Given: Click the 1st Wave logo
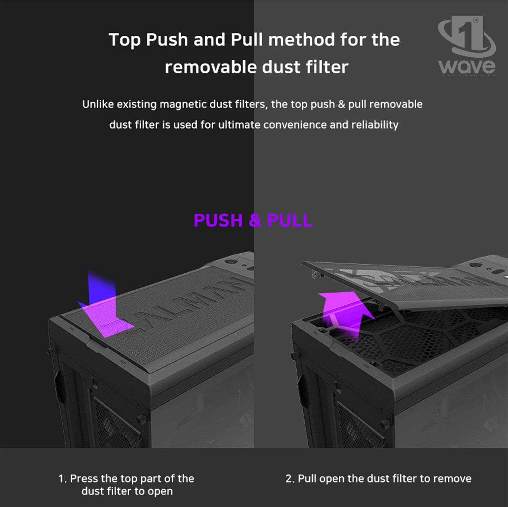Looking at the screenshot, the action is (467, 46).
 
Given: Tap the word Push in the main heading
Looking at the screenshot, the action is (167, 40).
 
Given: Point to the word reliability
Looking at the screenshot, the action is (375, 125).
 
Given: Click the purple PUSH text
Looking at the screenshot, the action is (218, 220).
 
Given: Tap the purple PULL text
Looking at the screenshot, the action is (290, 220).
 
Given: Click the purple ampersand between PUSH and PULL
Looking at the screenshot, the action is (255, 220).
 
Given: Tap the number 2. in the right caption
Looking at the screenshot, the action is (290, 479).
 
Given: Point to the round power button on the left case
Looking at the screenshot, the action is (231, 262).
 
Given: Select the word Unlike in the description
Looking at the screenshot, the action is (98, 104).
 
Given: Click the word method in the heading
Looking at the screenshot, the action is (301, 40).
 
